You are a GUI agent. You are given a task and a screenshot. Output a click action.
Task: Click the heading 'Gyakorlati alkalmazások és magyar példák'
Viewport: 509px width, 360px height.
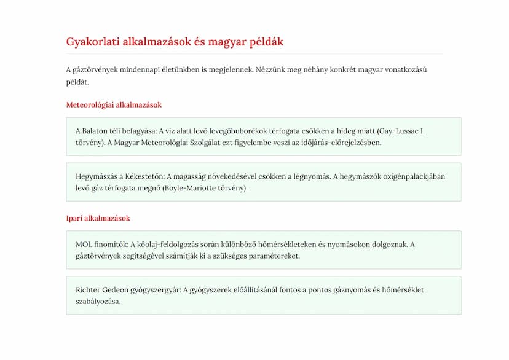175,42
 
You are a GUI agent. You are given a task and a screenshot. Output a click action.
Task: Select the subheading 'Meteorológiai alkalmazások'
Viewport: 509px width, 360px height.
114,105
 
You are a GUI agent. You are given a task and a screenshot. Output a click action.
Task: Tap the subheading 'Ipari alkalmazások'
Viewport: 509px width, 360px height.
98,218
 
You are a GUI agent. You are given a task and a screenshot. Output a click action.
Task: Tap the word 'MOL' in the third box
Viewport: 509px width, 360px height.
84,244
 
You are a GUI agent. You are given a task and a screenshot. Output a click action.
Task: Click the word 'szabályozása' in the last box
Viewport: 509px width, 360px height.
98,301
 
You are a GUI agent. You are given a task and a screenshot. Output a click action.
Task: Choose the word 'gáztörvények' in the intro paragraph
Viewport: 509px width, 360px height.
97,69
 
